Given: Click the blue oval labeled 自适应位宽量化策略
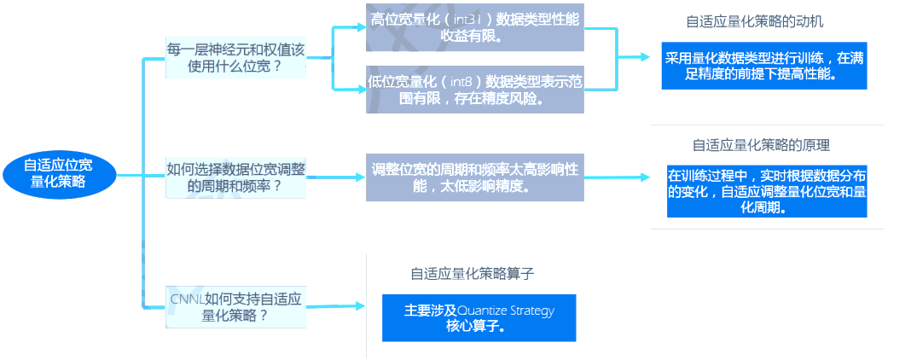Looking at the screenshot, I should tap(59, 174).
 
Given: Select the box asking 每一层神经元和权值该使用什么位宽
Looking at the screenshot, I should tap(235, 57).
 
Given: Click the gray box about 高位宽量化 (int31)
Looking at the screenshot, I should tap(475, 26).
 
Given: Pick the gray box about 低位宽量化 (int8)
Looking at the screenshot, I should tap(475, 90).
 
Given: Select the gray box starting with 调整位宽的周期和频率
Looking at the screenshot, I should tap(475, 177).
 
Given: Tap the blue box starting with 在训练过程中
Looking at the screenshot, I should tap(767, 191).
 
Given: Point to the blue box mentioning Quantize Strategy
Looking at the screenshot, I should tap(479, 318).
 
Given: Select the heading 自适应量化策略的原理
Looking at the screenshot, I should tap(761, 145).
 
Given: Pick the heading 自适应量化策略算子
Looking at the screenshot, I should tap(473, 274).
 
